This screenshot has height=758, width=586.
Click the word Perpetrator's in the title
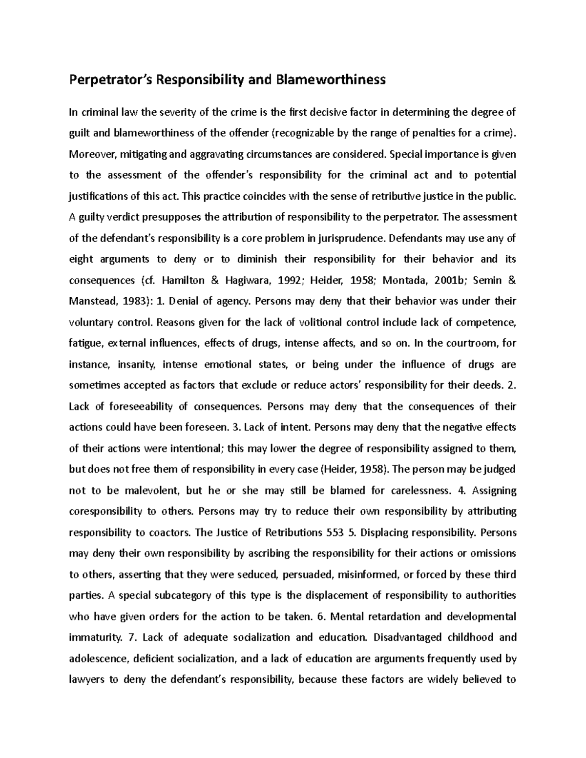click(110, 80)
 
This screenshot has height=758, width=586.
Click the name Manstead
click(91, 301)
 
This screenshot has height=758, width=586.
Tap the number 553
click(335, 533)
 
